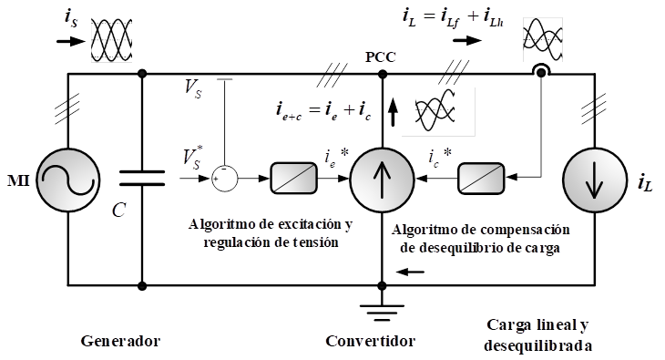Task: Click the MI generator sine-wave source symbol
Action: coord(67,180)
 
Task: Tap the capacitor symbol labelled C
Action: coord(142,179)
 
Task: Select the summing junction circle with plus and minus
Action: coord(225,179)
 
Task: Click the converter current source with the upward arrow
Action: coord(382,180)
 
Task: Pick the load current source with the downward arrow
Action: coord(595,180)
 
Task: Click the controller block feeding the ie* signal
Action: coord(294,179)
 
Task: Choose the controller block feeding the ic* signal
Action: coord(481,179)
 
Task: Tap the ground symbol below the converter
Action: coord(382,313)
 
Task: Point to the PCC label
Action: coord(381,57)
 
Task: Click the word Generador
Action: coord(121,341)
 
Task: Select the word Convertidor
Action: coord(371,341)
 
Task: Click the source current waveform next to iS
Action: coord(112,41)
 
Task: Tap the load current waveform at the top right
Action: coord(543,39)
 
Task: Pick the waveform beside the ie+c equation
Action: coord(437,111)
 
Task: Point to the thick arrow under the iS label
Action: coord(71,41)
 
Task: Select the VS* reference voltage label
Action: coord(193,157)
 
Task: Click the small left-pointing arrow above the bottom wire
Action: coord(410,272)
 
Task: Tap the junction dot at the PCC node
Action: coord(382,75)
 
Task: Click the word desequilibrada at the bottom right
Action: coord(537,346)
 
